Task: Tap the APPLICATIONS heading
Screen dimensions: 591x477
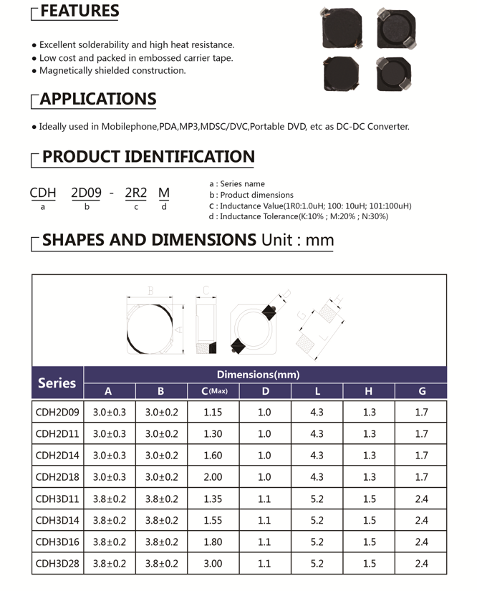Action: point(97,99)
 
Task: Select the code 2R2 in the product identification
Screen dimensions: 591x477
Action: point(135,193)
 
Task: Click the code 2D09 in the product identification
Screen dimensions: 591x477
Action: point(86,193)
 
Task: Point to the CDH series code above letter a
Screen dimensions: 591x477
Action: point(43,193)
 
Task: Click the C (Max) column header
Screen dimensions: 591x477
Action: point(213,391)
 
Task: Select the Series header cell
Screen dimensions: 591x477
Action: point(57,383)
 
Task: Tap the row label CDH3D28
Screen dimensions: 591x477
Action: point(57,564)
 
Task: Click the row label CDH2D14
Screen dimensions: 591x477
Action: point(57,456)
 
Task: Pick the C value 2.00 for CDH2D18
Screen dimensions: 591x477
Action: point(213,477)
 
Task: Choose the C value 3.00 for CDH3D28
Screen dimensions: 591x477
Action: point(213,564)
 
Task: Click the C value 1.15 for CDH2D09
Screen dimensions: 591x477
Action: point(213,413)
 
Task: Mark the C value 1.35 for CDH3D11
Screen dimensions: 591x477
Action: point(213,499)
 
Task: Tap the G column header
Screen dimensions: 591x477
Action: point(421,391)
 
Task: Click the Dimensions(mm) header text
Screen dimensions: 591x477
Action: point(258,375)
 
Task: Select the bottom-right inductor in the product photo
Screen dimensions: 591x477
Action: point(392,74)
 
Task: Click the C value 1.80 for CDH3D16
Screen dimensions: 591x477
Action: point(213,542)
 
